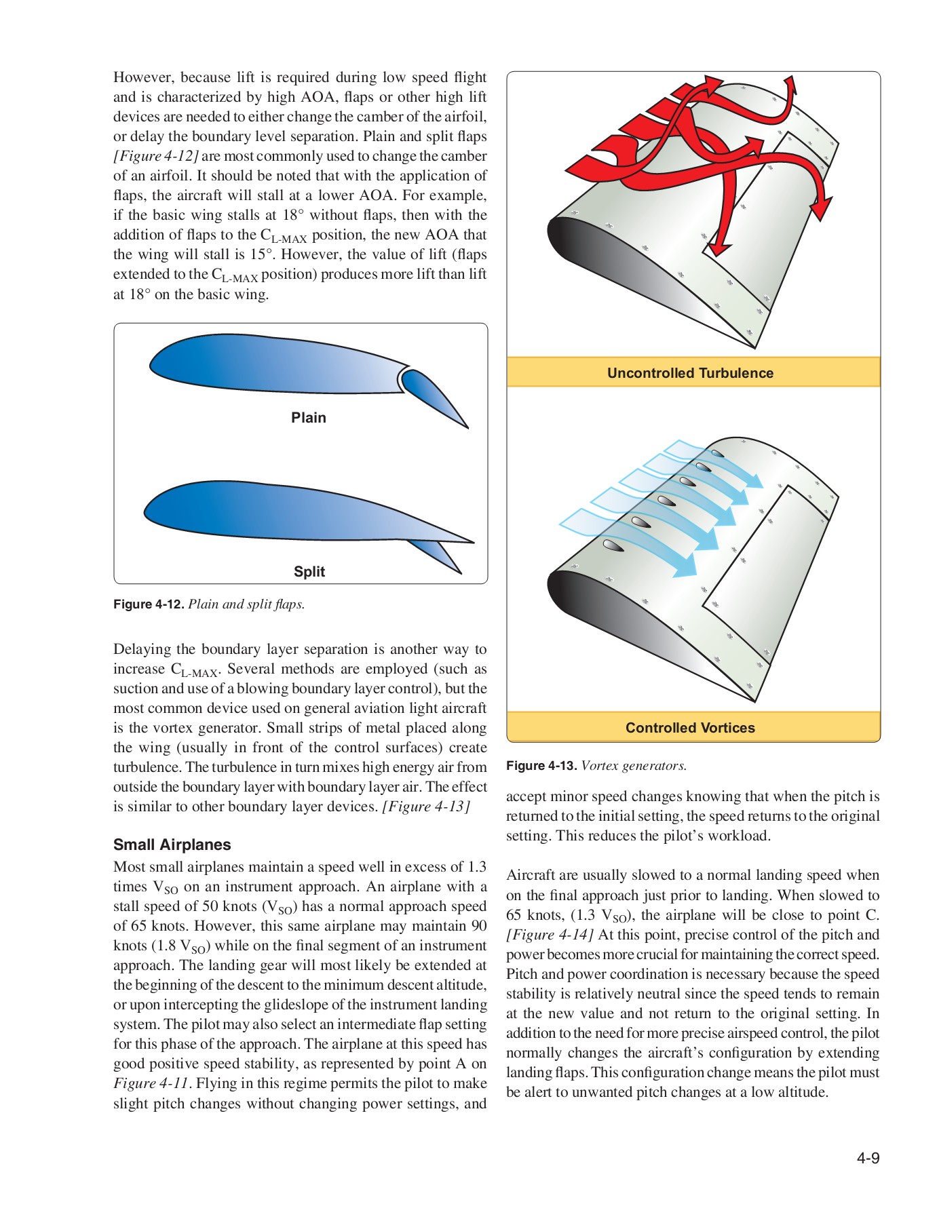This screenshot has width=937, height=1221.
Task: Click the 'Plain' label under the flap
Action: point(309,418)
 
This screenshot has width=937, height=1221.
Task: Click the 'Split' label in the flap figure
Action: point(309,572)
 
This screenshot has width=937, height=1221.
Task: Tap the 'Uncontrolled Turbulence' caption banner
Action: point(690,373)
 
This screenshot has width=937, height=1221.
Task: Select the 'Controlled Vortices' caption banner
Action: point(690,728)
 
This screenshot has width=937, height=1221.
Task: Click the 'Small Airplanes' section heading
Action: point(172,845)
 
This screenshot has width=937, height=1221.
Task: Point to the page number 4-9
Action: point(868,1159)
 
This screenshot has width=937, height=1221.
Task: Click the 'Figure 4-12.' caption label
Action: point(149,604)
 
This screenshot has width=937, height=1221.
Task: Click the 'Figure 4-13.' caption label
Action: point(541,766)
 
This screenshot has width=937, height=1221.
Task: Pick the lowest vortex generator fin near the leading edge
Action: point(612,545)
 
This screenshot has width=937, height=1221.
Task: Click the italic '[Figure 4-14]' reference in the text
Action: point(550,935)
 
